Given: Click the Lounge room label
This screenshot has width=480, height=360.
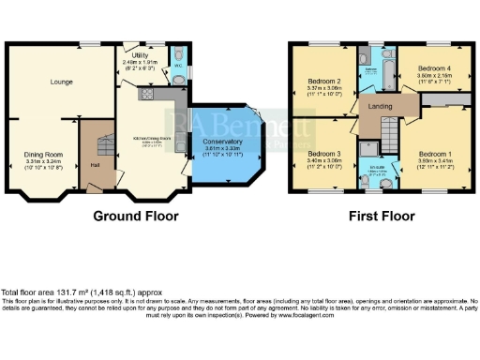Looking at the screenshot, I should click(62, 82).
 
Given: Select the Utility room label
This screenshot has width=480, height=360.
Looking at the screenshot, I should click(141, 55).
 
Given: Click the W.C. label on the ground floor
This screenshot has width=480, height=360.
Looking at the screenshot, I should click(178, 78).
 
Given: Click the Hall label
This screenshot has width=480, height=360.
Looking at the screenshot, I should click(95, 165).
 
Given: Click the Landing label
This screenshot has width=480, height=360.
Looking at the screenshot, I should click(381, 106).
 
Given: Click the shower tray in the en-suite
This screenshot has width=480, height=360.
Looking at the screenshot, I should click(369, 146).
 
